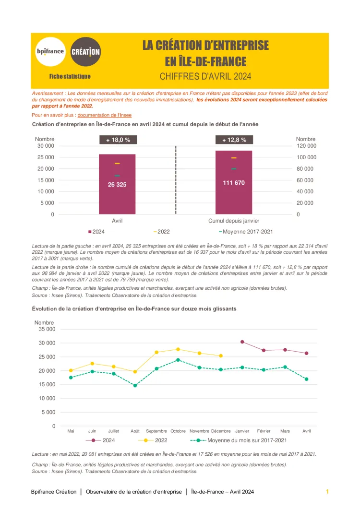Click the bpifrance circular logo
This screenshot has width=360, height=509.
50,51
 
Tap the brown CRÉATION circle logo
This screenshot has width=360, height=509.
85,51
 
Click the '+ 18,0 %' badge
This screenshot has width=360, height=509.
118,140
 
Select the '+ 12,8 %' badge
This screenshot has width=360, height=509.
234,140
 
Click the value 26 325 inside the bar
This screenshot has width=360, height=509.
117,184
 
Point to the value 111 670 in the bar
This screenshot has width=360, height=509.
234,183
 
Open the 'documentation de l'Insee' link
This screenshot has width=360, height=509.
104,115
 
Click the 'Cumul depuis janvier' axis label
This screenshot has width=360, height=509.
234,221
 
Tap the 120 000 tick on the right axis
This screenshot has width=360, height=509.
306,146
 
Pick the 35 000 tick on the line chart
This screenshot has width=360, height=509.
46,329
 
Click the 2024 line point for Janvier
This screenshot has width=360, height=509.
242,342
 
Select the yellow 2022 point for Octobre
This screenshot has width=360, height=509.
178,349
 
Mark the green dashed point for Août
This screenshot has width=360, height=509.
135,385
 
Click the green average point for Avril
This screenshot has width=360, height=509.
307,379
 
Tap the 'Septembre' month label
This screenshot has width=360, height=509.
156,431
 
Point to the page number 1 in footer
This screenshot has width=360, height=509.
327,492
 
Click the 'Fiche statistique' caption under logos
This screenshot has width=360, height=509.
70,76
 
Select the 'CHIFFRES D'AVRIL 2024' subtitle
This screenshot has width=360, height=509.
205,76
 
